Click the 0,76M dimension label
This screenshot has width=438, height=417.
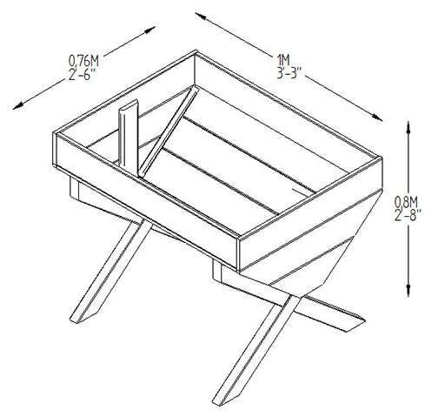[83, 61]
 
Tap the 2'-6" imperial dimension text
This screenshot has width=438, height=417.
[83, 76]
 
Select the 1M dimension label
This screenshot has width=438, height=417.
[283, 60]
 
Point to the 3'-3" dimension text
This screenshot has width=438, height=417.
[289, 73]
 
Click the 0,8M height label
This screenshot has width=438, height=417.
[406, 201]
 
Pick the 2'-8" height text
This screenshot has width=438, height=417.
[407, 215]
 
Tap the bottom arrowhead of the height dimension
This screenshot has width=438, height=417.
[408, 291]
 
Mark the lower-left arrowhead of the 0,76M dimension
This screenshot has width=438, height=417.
[18, 105]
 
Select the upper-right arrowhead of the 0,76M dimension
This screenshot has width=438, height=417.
[150, 30]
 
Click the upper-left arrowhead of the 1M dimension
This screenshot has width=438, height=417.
[201, 16]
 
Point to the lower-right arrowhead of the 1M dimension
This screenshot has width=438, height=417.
[377, 117]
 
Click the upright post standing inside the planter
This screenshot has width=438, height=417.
[128, 134]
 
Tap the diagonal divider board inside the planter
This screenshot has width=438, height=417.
[169, 131]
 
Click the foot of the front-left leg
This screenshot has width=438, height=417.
[78, 317]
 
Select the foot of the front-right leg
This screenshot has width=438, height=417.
[222, 399]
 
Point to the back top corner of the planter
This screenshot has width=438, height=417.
[196, 52]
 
